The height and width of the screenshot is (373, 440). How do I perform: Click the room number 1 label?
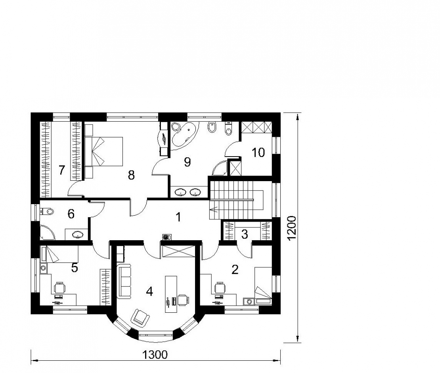[x=178, y=217]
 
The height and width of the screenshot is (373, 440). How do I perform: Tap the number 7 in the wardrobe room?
[x=62, y=170]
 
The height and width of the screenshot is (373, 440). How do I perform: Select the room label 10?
[x=258, y=152]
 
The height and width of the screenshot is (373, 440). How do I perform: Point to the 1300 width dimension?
[x=155, y=355]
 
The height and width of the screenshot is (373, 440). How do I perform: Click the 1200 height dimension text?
[x=292, y=228]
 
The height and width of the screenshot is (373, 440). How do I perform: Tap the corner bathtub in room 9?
[x=184, y=134]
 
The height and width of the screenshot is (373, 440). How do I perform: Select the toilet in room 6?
[x=47, y=211]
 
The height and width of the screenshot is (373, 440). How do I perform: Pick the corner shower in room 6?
[x=47, y=233]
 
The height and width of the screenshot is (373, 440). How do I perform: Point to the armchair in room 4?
[x=140, y=318]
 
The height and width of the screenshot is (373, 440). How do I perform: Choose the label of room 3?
[x=245, y=234]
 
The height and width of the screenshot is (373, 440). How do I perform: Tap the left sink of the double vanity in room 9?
[x=180, y=192]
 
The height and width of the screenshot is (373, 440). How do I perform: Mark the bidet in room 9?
[x=212, y=127]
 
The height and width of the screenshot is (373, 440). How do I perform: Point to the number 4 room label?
[x=149, y=292]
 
